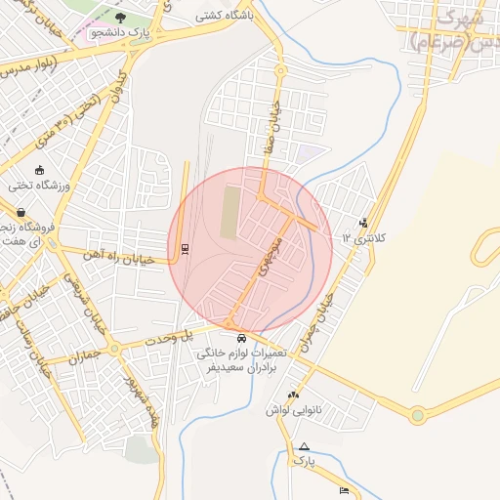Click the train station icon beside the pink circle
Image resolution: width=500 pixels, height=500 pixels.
pos(186,248)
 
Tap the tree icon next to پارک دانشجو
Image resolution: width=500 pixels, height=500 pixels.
pos(120,18)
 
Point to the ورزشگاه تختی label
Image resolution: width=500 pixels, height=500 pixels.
pos(37,184)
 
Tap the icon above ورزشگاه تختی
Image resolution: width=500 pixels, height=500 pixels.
pos(38,169)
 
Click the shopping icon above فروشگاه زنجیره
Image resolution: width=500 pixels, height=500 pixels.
pos(21,212)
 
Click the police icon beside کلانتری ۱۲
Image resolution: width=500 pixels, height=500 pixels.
pos(363,223)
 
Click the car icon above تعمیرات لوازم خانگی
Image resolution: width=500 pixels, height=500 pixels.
pos(241,338)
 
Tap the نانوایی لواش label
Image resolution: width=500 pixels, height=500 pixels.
pos(295,410)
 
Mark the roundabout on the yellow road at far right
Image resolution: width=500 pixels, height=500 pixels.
pos(418,416)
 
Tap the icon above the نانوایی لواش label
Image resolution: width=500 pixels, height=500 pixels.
pos(291,395)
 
